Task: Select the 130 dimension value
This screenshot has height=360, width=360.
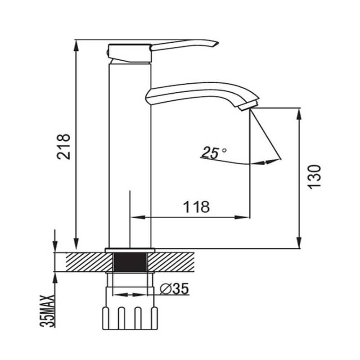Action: pos(315,176)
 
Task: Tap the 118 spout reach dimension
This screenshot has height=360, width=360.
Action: pos(196,207)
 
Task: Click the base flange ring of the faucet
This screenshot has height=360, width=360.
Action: pos(130,250)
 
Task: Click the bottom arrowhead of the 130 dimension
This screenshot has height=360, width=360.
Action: pos(298,243)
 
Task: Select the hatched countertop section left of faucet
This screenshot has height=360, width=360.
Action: pos(83,261)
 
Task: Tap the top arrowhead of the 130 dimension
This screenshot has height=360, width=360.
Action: pos(298,112)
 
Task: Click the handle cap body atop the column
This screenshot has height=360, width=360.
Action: pos(130,52)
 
